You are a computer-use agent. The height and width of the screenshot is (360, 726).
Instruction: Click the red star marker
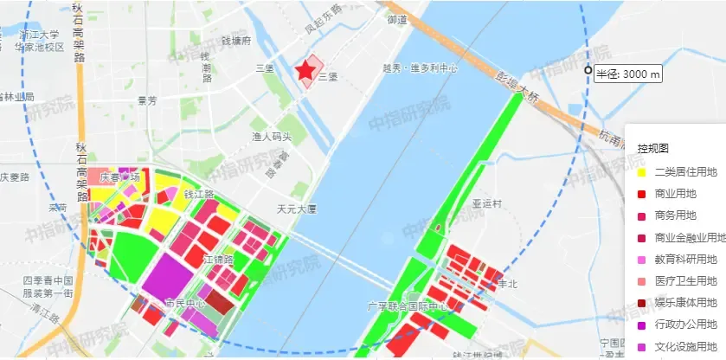click(x=305, y=72)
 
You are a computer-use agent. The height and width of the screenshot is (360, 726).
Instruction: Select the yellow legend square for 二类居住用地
click(x=641, y=172)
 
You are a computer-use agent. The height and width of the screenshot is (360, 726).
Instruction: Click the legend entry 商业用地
click(x=676, y=194)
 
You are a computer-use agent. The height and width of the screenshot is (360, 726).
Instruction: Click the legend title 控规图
click(x=653, y=149)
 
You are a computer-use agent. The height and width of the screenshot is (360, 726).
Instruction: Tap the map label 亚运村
click(x=487, y=204)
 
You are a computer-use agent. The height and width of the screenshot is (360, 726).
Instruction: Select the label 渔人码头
click(x=272, y=137)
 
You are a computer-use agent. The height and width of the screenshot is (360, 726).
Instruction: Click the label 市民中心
click(x=184, y=304)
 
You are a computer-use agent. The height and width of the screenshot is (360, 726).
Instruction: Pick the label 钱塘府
click(x=235, y=41)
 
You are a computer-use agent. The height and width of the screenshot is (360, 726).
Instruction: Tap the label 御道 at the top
click(x=397, y=19)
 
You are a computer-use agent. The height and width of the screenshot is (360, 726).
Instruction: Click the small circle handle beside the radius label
click(x=588, y=70)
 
